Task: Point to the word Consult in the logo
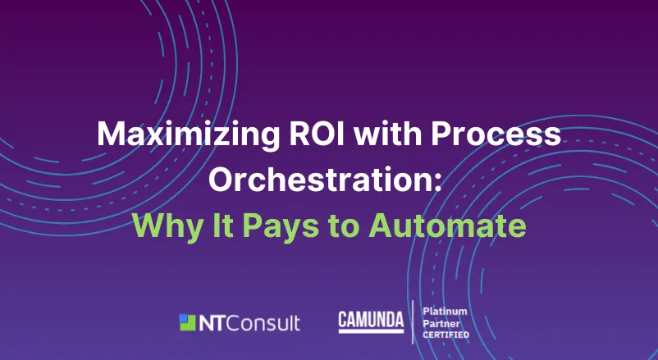coord(263,322)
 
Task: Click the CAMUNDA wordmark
coord(371,319)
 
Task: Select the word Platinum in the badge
coord(444,312)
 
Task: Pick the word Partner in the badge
coord(439,323)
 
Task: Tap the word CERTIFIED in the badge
coord(446,335)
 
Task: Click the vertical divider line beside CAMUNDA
coord(412,322)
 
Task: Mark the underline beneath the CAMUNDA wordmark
coord(371,331)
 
